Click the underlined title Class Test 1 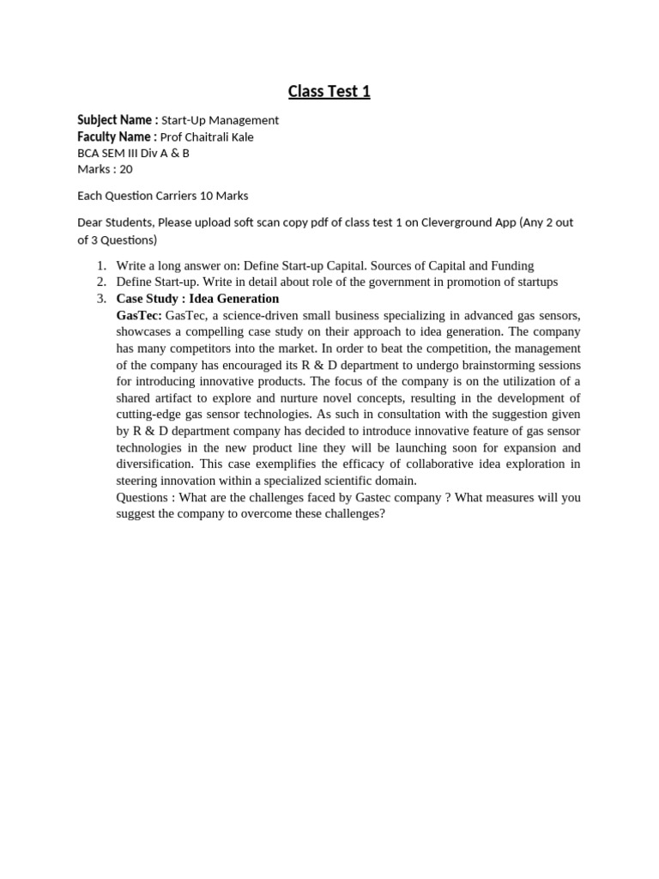click(329, 91)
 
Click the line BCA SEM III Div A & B click(133, 153)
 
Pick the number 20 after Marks click(126, 169)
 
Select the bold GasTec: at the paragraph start click(139, 315)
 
